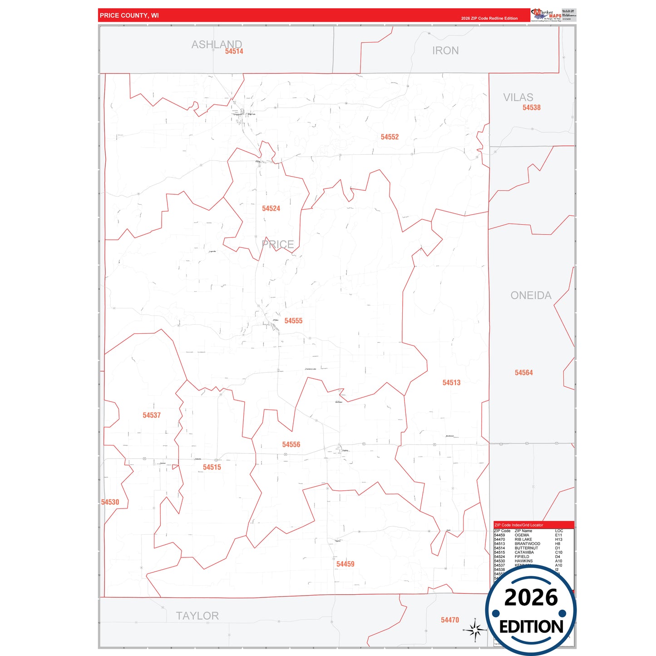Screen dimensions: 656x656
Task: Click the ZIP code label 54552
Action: [x=390, y=137]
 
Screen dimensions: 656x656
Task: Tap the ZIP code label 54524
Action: [x=271, y=208]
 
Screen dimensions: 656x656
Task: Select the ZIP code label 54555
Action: [x=293, y=321]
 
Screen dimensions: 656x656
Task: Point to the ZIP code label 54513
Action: [x=451, y=383]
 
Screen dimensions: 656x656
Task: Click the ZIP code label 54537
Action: [x=152, y=415]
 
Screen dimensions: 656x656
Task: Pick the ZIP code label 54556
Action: [x=291, y=445]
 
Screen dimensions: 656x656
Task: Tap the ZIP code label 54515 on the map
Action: [x=212, y=467]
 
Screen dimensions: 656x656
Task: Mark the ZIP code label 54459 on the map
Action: [x=345, y=564]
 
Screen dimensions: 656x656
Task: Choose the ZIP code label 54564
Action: [x=523, y=373]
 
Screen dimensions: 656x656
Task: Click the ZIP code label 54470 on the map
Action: [x=450, y=620]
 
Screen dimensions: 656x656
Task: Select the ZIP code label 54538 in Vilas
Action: [x=531, y=108]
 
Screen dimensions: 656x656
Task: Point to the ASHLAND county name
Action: [x=217, y=44]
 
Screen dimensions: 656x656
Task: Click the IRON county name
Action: [x=445, y=51]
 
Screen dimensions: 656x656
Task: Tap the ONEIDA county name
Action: [x=531, y=296]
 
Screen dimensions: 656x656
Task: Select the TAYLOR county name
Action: [x=197, y=616]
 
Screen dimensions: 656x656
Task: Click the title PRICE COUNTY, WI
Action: [x=129, y=15]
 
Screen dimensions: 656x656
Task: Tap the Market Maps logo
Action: [x=546, y=15]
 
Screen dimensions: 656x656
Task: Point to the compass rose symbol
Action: [x=475, y=630]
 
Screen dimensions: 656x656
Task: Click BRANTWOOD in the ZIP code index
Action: [x=527, y=544]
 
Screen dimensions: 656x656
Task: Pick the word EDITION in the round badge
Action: [x=531, y=627]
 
